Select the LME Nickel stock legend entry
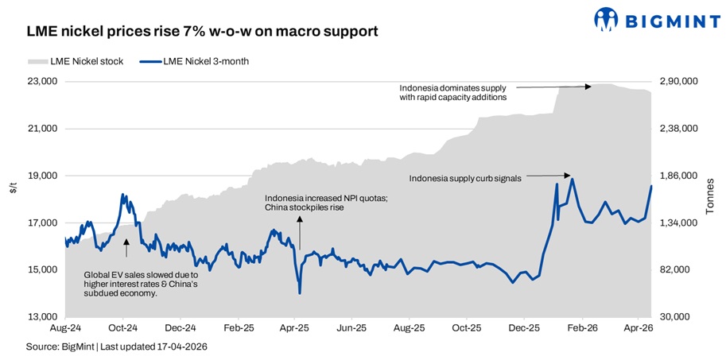pyautogui.click(x=76, y=61)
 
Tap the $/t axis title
pyautogui.click(x=12, y=188)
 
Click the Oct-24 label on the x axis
pyautogui.click(x=123, y=327)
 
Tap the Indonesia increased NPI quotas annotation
pyautogui.click(x=326, y=203)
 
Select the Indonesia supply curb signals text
pyautogui.click(x=464, y=179)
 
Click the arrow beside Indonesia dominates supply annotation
pyautogui.click(x=552, y=86)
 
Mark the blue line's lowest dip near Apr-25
pyautogui.click(x=300, y=292)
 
